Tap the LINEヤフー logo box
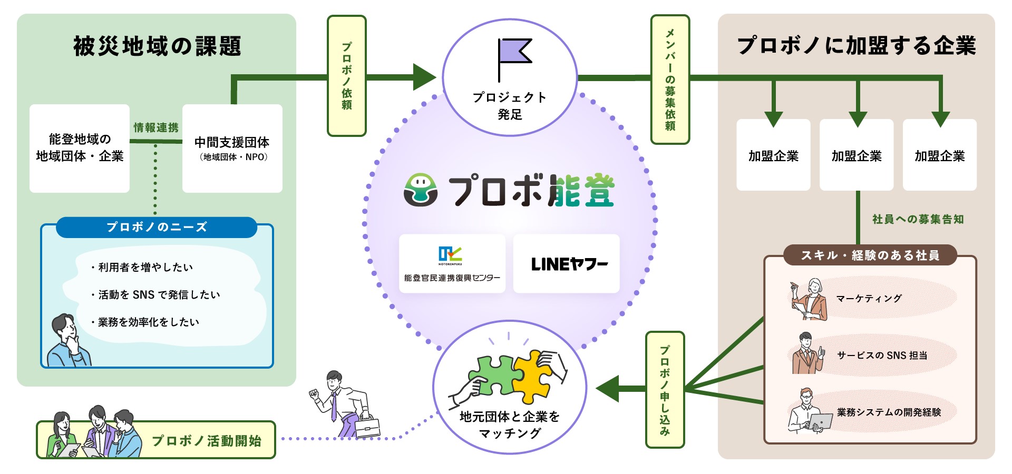click(567, 264)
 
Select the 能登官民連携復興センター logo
click(452, 264)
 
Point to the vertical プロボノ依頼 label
click(346, 76)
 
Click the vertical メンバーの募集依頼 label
click(670, 80)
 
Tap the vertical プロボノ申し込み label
click(665, 390)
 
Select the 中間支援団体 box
click(232, 148)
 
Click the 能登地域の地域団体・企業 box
click(80, 148)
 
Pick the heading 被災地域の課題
click(157, 46)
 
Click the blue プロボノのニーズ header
click(157, 227)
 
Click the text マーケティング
click(869, 299)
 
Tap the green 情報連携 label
click(155, 127)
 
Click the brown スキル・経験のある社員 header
click(870, 255)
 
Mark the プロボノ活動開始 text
click(207, 441)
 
